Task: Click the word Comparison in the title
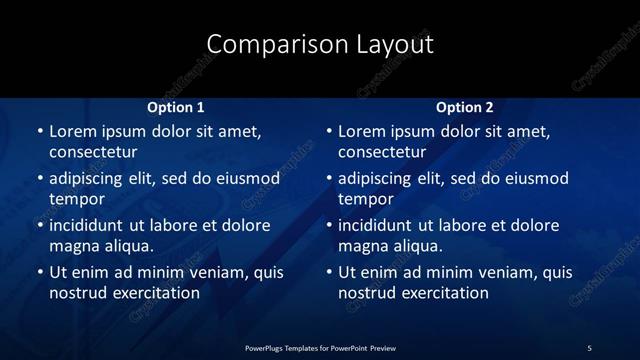265,44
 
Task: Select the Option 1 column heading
175,107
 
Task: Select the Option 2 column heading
465,107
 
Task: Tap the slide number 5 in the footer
589,347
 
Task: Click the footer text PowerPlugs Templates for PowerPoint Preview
319,347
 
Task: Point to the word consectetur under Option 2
382,152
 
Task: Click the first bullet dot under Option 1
39,132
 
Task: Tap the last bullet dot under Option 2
329,273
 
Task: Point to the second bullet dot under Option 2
329,179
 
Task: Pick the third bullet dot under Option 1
39,226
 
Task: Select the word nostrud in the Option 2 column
368,293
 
